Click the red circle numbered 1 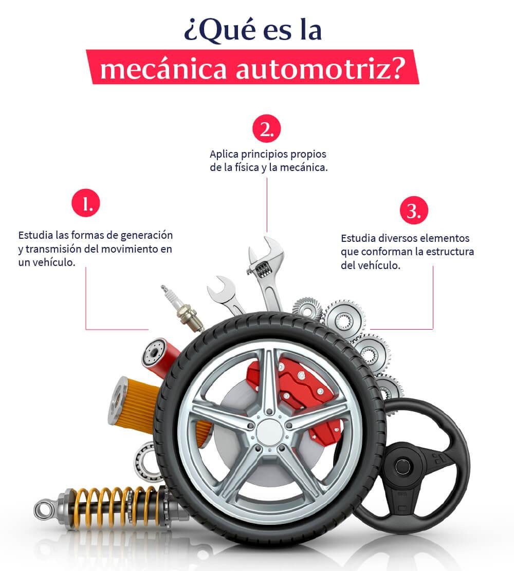(x=85, y=204)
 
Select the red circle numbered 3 (x=414, y=211)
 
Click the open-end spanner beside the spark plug (x=226, y=295)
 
